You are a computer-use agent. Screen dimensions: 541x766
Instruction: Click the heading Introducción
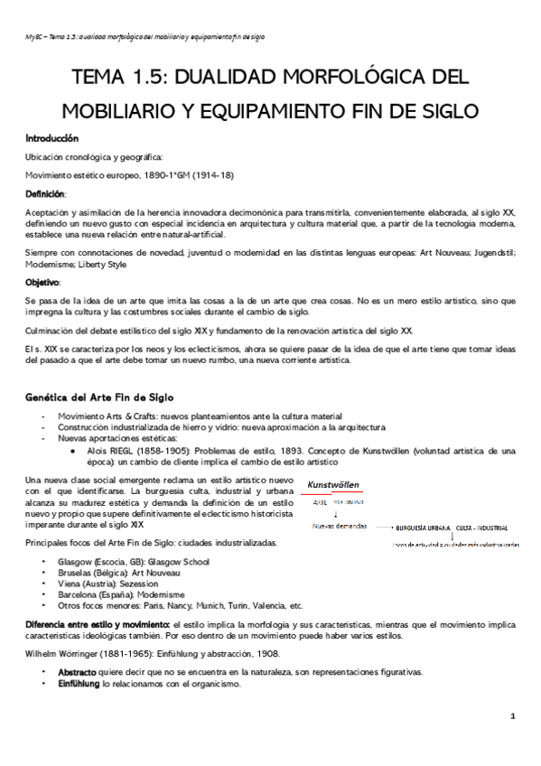[x=53, y=139]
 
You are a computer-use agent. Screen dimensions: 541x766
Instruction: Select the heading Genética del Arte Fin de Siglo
[x=107, y=397]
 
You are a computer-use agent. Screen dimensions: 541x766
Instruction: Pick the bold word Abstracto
[x=76, y=673]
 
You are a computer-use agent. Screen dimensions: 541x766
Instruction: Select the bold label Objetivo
[x=43, y=283]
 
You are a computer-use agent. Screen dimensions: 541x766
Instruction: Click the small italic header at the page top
[x=144, y=37]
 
